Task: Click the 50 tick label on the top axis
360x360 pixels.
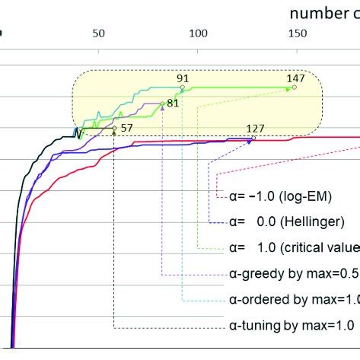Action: coord(98,33)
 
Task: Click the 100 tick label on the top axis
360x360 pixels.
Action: coord(199,33)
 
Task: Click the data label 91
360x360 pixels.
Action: coord(183,78)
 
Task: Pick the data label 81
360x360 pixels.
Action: coord(173,103)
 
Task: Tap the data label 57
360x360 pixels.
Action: coord(126,128)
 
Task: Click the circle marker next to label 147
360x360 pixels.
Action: coord(295,88)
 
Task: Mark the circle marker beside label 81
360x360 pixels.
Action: coord(162,104)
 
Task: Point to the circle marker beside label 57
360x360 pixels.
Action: coord(114,129)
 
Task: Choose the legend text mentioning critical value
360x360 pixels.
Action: coord(294,247)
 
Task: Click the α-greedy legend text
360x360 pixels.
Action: coord(294,273)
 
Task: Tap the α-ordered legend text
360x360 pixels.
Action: coord(294,299)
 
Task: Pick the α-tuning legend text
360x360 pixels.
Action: coord(292,326)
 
